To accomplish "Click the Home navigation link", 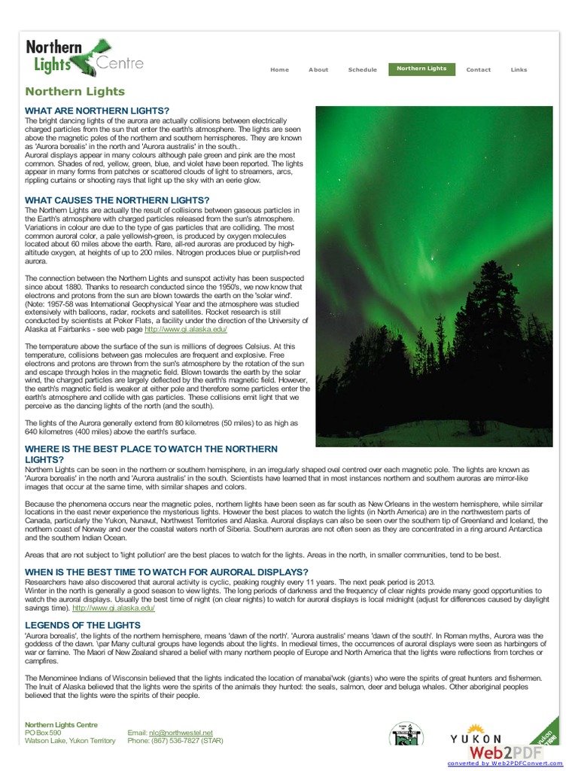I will [279, 70].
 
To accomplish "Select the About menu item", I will [318, 70].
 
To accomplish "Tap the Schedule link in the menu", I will [362, 70].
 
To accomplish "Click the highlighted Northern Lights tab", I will [421, 69].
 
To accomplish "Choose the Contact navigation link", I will [478, 70].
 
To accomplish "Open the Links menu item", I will [519, 70].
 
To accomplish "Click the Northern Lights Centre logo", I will [84, 58].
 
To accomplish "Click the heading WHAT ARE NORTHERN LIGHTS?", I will [97, 111].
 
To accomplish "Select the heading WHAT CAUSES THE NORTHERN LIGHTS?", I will [117, 200].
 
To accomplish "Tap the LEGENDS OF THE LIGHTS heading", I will [83, 625].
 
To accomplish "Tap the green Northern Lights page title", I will [75, 92].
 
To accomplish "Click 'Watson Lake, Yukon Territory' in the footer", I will [70, 741].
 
